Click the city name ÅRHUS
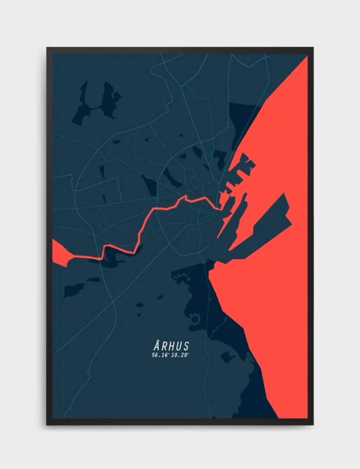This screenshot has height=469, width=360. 171,346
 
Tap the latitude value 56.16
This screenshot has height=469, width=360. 160,356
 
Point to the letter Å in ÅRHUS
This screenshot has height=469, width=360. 156,346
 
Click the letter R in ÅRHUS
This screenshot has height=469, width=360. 164,346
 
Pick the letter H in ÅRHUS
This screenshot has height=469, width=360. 171,346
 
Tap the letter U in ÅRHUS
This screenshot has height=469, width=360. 179,346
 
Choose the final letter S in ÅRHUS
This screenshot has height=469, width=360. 186,346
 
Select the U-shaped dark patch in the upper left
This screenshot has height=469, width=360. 96,103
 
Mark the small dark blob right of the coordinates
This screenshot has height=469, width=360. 228,357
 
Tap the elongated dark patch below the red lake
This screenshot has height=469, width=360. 75,289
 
